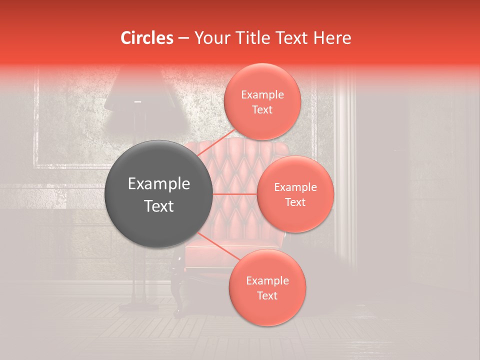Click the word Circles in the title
pos(146,38)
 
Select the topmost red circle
pos(262,101)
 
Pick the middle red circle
pos(295,194)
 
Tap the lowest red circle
pos(267,287)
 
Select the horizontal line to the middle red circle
pos(235,194)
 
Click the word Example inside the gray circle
pos(159,184)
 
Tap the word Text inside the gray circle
pos(159,206)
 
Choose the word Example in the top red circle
pos(262,94)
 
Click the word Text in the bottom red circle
pos(267,295)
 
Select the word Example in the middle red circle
pos(295,187)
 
